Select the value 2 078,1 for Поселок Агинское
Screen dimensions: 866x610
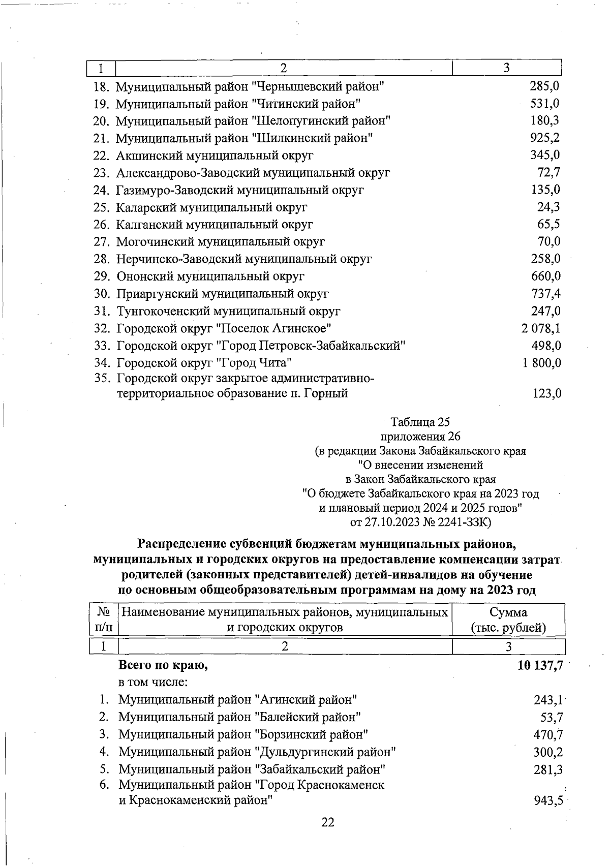(x=541, y=329)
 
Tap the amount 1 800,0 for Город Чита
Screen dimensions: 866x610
(x=541, y=363)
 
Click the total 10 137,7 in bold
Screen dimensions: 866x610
(x=540, y=666)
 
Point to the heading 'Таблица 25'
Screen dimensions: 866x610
(x=420, y=422)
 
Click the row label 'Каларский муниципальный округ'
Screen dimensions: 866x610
(x=211, y=207)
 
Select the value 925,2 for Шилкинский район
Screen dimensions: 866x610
(x=545, y=138)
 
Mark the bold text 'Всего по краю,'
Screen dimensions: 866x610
(x=163, y=666)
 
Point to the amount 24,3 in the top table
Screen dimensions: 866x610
(x=549, y=207)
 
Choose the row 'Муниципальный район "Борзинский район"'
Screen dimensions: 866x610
(x=243, y=735)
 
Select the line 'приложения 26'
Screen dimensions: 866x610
(x=420, y=437)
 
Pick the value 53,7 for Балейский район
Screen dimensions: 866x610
(x=552, y=718)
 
